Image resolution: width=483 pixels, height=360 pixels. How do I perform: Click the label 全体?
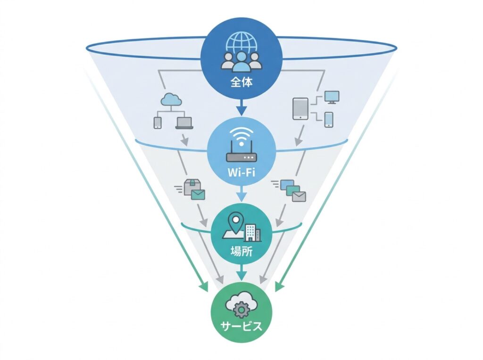(x=241, y=82)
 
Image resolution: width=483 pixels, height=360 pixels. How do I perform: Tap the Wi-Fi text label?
(x=241, y=172)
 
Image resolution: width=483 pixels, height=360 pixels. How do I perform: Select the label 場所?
(x=241, y=251)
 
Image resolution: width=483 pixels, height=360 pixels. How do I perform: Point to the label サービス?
(x=241, y=326)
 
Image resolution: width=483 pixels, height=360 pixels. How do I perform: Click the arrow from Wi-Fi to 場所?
(x=241, y=193)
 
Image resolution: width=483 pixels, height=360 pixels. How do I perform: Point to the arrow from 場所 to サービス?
(x=241, y=272)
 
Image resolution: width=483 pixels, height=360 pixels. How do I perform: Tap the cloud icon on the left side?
(x=171, y=100)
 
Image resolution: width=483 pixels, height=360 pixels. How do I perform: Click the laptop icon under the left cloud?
(x=184, y=123)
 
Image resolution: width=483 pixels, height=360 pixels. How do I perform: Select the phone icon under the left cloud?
(x=158, y=123)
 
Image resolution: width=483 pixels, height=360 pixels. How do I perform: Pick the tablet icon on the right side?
(x=300, y=109)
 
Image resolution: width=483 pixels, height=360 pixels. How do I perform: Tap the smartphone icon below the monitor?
(x=329, y=119)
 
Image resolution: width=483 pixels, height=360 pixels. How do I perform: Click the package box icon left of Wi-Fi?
(x=192, y=187)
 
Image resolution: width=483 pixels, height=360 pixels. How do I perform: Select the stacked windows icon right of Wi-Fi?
(x=292, y=190)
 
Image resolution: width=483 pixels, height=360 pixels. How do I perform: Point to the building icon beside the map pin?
(x=252, y=233)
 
